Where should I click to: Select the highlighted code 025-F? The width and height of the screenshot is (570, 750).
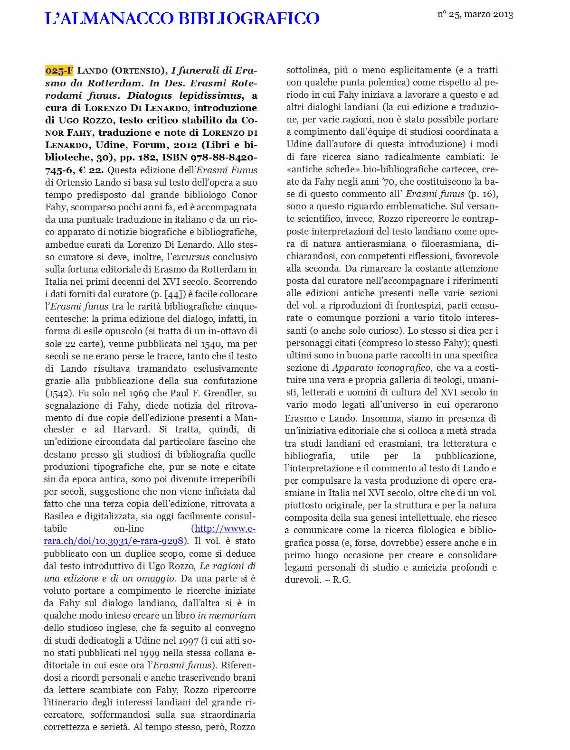coord(59,71)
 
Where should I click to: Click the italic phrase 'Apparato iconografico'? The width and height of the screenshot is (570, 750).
coord(381,367)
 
